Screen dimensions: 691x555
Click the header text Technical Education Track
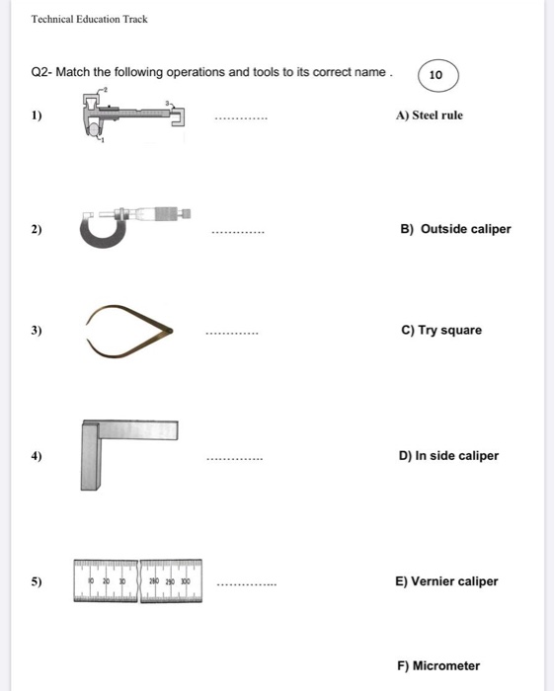click(89, 19)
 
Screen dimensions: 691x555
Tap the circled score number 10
click(437, 75)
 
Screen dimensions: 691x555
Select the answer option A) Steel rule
click(429, 115)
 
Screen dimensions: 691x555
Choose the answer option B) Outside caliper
click(455, 229)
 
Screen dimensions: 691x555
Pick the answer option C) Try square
click(441, 330)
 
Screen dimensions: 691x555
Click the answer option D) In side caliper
click(448, 456)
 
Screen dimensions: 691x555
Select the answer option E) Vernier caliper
click(446, 581)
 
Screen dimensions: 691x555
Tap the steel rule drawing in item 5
click(137, 581)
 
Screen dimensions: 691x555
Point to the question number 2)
click(37, 230)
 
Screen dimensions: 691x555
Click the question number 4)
click(37, 457)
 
